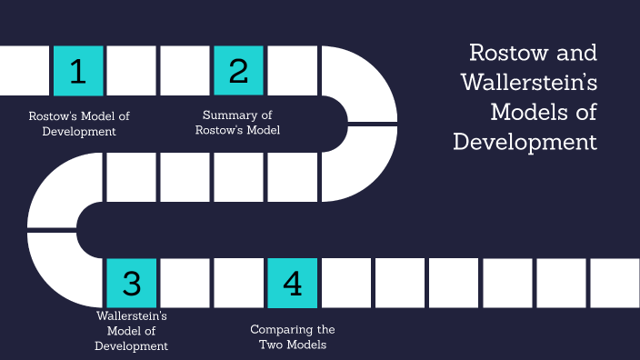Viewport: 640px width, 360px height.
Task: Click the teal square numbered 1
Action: [78, 71]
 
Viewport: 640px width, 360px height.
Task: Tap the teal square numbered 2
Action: [238, 71]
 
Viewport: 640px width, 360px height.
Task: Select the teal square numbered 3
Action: [132, 283]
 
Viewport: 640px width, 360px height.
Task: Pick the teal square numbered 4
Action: [292, 283]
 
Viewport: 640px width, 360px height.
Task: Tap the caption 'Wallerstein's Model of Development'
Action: [132, 331]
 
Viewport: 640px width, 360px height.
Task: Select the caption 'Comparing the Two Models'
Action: [293, 337]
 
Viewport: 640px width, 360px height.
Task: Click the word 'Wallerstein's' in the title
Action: [528, 82]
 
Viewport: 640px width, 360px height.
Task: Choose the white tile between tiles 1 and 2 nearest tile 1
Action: [132, 71]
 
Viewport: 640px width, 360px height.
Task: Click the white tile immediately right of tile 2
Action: [292, 71]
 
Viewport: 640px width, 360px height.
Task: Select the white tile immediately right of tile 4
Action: [345, 283]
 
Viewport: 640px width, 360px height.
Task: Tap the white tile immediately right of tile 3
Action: [185, 283]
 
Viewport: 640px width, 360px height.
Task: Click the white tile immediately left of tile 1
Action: [25, 71]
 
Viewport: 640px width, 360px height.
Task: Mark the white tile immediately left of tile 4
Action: [238, 283]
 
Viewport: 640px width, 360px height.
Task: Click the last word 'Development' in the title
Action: [525, 142]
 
